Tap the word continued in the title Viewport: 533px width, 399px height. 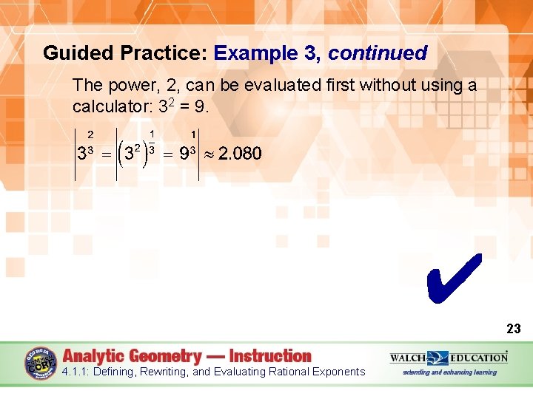[378, 53]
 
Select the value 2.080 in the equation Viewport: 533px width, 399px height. [240, 154]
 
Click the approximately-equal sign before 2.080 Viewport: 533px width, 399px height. [209, 154]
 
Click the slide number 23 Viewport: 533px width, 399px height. [513, 329]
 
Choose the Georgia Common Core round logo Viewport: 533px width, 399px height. [41, 363]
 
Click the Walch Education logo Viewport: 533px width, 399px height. [449, 358]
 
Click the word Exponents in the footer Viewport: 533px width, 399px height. [338, 372]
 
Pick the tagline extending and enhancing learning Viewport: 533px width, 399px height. [449, 372]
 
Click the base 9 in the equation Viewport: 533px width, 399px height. [184, 154]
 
